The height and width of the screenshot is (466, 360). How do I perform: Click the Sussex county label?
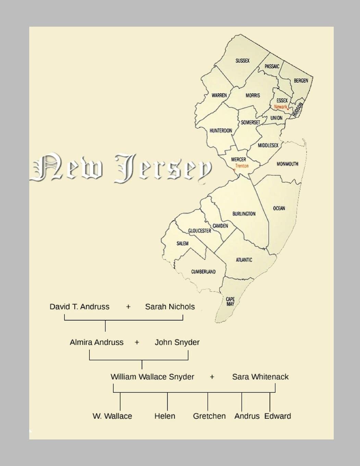click(x=243, y=61)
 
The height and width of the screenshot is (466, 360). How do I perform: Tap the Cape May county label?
click(x=230, y=302)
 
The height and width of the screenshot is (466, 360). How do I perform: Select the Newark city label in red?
click(x=281, y=107)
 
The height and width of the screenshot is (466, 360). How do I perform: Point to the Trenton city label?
click(x=242, y=166)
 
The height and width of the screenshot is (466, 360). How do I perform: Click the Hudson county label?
click(x=297, y=110)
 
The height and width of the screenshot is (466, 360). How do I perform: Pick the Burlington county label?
click(x=244, y=214)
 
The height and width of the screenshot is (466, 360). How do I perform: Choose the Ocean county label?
click(x=279, y=208)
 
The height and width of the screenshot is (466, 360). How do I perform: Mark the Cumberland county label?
click(x=203, y=272)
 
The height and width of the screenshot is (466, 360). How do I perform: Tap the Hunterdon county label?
click(x=221, y=131)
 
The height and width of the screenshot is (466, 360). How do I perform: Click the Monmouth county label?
click(x=287, y=164)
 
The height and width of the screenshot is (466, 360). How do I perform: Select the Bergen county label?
click(x=301, y=81)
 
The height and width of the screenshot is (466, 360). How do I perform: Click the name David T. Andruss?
click(x=79, y=307)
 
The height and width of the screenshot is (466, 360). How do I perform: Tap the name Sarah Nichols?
click(x=170, y=307)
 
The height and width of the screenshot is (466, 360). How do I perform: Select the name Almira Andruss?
click(x=97, y=342)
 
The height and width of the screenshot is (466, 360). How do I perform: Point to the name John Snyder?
click(x=177, y=342)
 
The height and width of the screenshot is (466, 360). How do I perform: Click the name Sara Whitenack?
click(x=260, y=377)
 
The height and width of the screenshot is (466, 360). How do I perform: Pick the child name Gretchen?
click(x=209, y=416)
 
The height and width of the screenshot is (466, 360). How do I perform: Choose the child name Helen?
click(x=165, y=416)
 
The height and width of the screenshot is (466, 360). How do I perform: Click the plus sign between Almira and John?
click(x=137, y=342)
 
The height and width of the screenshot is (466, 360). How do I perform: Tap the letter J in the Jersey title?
click(x=125, y=168)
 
